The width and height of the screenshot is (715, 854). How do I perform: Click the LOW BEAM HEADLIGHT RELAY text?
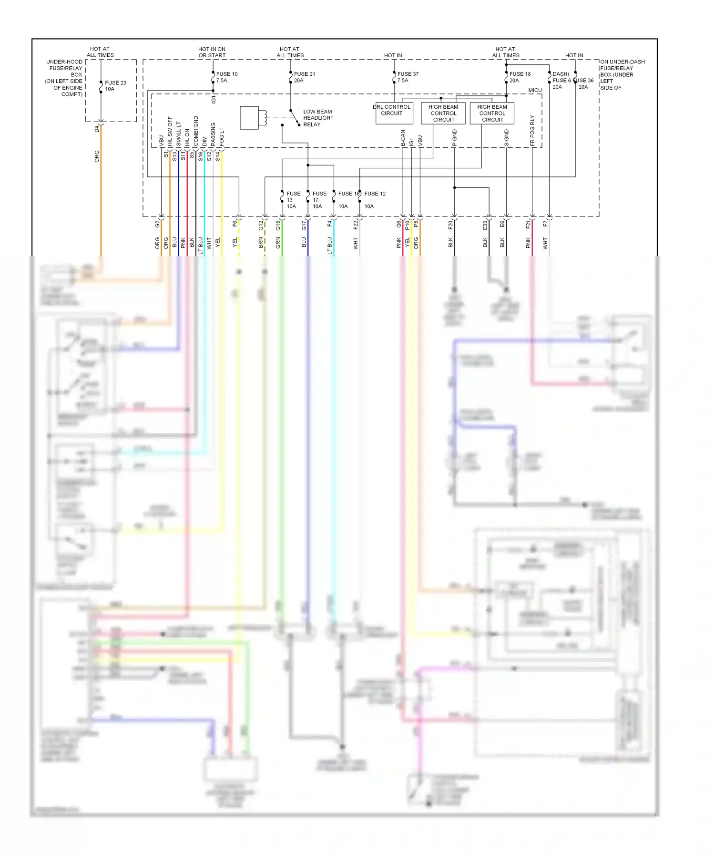click(318, 118)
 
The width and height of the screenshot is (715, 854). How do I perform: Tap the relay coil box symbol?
click(250, 118)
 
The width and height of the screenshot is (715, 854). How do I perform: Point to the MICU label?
click(535, 90)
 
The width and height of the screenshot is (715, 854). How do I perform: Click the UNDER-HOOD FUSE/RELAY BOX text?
click(65, 78)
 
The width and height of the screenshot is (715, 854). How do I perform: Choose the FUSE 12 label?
click(375, 194)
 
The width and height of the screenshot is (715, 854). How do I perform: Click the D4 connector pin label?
click(97, 129)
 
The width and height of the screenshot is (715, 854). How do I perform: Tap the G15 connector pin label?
click(278, 225)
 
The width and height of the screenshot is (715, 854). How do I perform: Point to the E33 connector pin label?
click(485, 225)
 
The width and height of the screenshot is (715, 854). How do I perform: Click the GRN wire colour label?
click(278, 243)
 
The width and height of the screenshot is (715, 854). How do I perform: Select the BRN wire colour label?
click(261, 243)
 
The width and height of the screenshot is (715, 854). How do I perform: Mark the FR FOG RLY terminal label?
click(532, 130)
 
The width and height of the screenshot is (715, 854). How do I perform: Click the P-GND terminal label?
click(454, 137)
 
